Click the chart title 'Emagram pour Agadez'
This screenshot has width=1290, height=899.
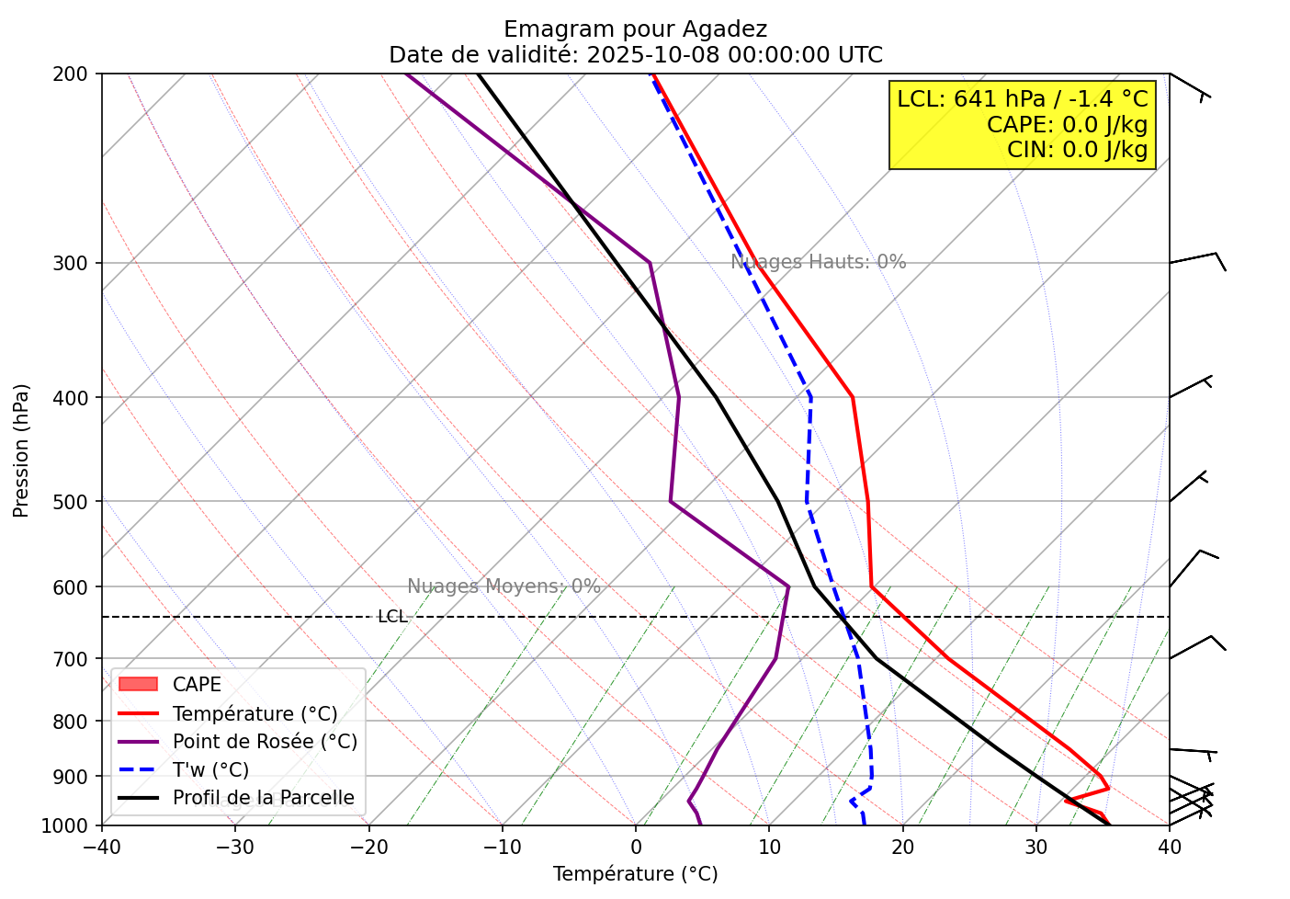click(635, 29)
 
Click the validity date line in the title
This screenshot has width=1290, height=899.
click(635, 55)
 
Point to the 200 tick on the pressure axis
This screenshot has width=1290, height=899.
click(77, 74)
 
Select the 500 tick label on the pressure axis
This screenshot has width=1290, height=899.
click(77, 502)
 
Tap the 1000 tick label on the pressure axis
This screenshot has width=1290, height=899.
click(71, 825)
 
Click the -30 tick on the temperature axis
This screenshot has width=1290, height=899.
click(235, 844)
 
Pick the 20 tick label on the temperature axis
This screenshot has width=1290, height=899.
click(902, 844)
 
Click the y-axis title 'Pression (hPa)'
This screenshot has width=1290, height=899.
click(22, 450)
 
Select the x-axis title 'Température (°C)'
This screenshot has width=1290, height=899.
click(635, 874)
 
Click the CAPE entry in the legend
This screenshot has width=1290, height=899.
click(197, 685)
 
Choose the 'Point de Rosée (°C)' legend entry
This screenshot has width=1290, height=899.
click(265, 742)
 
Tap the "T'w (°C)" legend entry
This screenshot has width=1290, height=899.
click(210, 770)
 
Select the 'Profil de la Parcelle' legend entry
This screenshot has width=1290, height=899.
click(263, 798)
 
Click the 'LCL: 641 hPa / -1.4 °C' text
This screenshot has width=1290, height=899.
click(1022, 99)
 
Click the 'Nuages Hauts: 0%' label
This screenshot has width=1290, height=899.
click(818, 262)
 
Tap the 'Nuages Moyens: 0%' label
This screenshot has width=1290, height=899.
click(504, 586)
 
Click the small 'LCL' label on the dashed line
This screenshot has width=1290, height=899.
click(392, 617)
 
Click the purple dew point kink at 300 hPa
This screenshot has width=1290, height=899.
click(650, 263)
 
